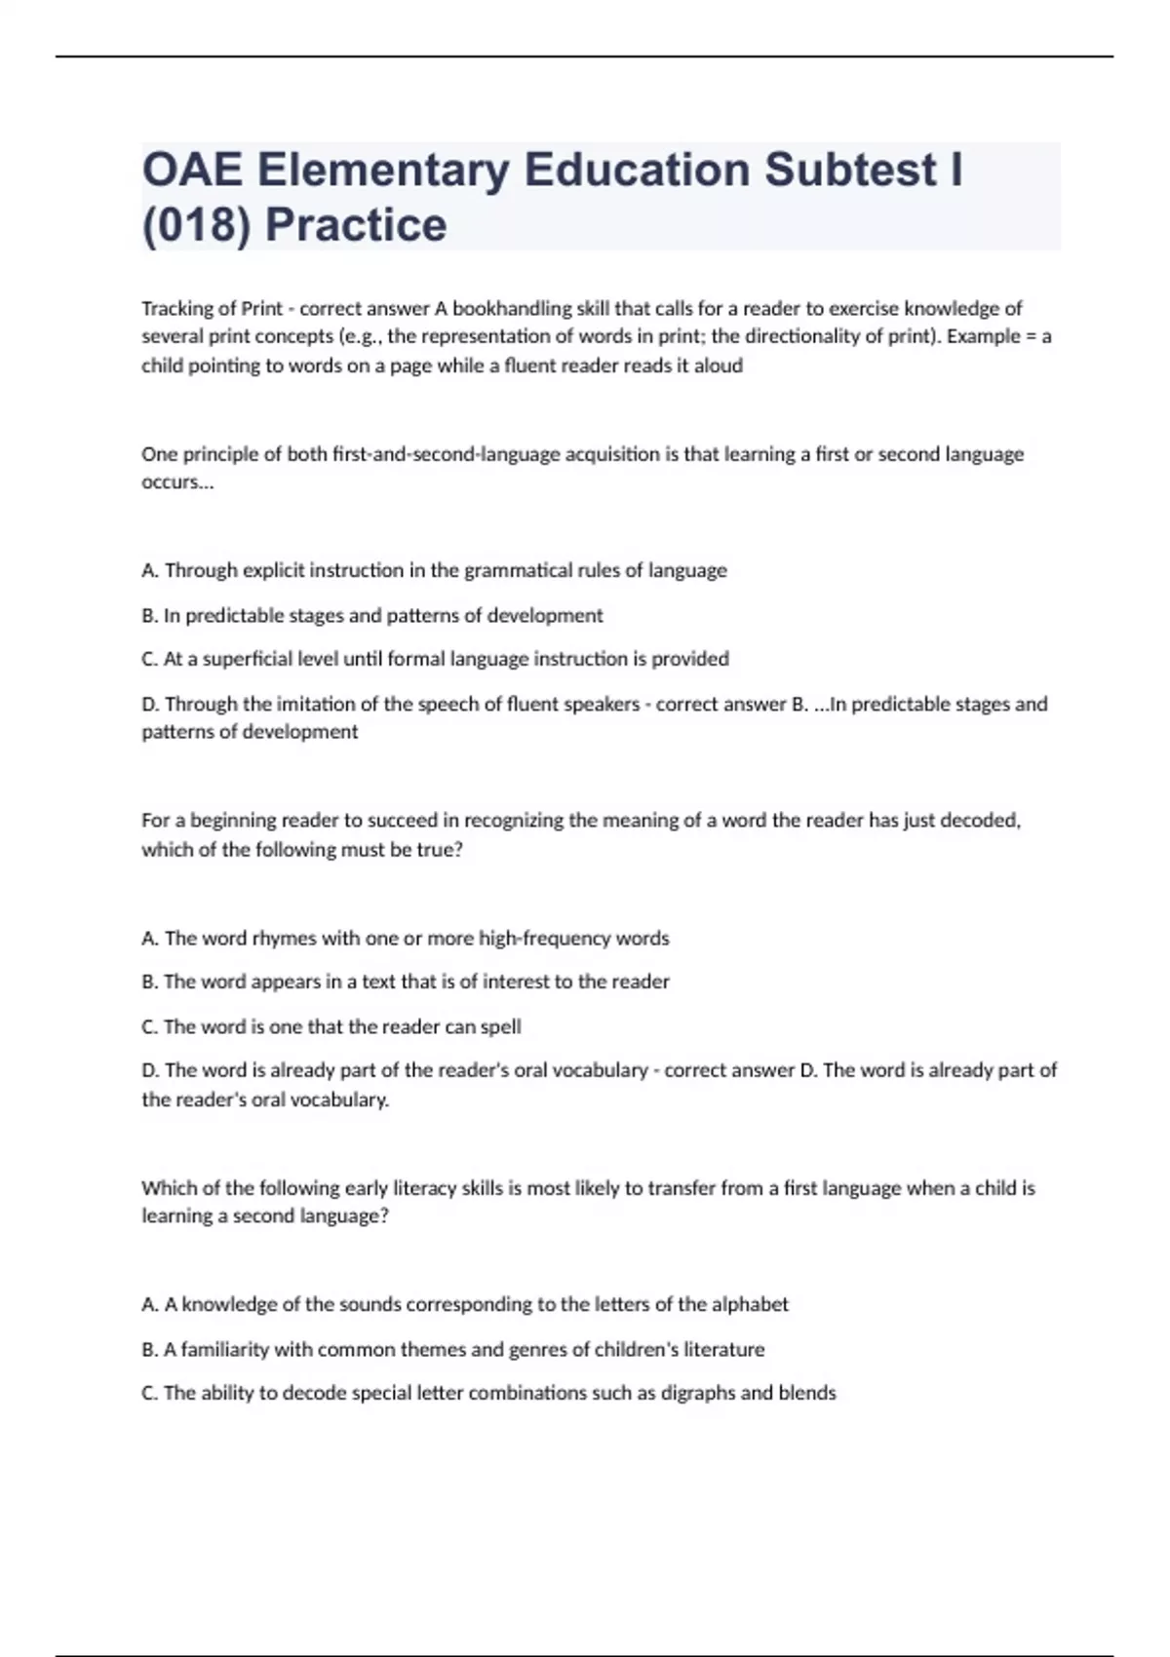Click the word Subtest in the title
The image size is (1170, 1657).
click(x=850, y=170)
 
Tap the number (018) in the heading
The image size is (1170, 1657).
click(x=197, y=225)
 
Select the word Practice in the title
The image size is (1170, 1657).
click(x=356, y=225)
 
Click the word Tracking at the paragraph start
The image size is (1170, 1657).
click(x=176, y=309)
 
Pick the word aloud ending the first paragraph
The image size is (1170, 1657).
click(x=719, y=366)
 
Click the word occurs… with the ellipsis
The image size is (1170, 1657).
click(x=176, y=482)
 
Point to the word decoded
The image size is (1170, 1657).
click(x=981, y=821)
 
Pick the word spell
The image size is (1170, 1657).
click(x=501, y=1026)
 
